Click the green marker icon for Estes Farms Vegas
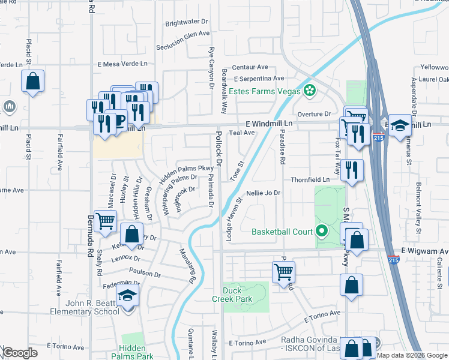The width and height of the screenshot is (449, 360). (310, 92)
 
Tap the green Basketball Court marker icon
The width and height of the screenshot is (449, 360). (322, 231)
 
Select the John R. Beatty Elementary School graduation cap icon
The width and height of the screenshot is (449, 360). (127, 295)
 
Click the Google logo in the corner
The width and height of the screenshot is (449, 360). (19, 353)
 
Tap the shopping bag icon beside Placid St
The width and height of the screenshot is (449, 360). (33, 80)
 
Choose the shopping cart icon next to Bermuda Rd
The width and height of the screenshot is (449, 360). (105, 220)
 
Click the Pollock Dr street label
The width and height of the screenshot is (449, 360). (219, 149)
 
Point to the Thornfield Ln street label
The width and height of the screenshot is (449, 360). (310, 179)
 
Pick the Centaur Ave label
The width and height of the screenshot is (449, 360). (250, 67)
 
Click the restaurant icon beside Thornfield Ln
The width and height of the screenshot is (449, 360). (352, 170)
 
